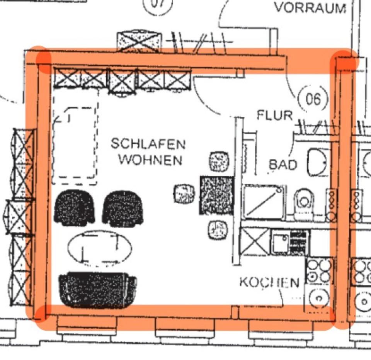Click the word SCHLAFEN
click(148, 144)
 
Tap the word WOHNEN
click(150, 159)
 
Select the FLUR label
click(275, 115)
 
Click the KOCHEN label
click(269, 283)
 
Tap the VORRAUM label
click(310, 7)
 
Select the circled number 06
click(313, 99)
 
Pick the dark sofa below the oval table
click(98, 289)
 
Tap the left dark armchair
click(74, 208)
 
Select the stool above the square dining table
click(219, 161)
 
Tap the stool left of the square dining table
click(184, 194)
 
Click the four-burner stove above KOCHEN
click(319, 271)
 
